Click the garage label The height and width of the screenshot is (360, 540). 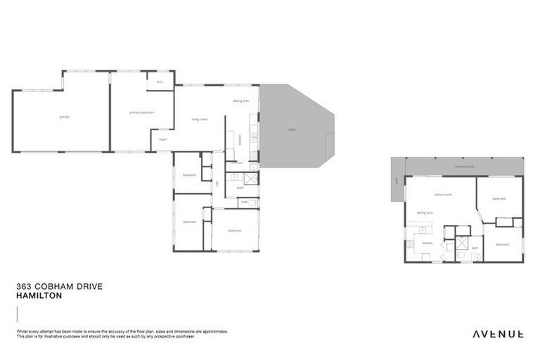64,117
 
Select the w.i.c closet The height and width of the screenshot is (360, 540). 160,82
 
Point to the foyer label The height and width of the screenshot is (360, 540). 162,139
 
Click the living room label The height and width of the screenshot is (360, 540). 199,119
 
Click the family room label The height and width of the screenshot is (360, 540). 442,194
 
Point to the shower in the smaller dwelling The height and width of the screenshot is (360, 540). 462,244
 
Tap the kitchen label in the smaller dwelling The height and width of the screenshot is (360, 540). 426,243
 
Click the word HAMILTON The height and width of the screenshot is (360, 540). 39,296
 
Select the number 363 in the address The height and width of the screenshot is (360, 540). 22,288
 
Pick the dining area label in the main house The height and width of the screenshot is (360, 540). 240,101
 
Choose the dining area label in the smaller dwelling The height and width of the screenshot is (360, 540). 424,212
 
